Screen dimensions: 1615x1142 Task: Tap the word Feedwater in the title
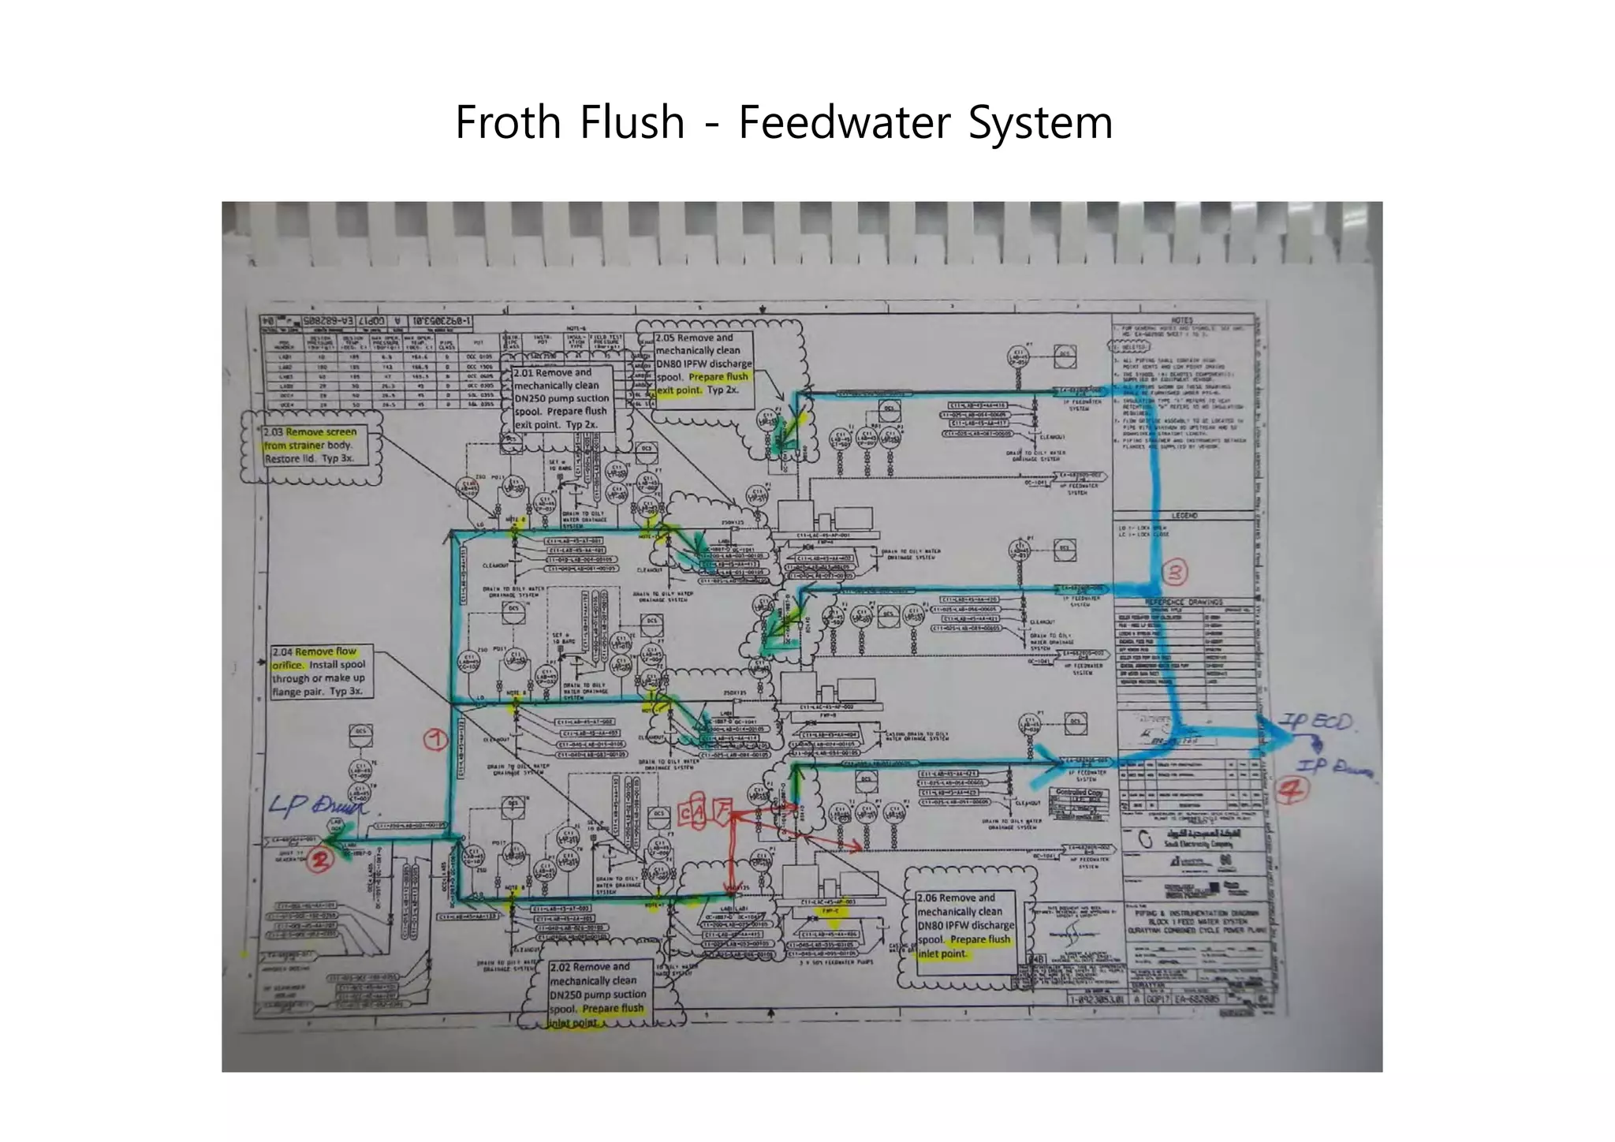[x=845, y=123]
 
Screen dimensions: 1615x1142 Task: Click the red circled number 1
[x=436, y=739]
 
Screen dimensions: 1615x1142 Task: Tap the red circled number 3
[x=1175, y=572]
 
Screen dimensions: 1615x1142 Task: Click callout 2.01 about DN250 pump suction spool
[x=561, y=397]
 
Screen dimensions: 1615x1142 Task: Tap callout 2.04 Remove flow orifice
[x=319, y=671]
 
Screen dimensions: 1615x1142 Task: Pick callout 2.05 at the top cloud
[x=703, y=364]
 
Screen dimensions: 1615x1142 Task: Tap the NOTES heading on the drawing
[x=1182, y=321]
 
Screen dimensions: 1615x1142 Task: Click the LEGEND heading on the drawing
[x=1184, y=515]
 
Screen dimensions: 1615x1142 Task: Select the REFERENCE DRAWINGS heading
[x=1183, y=602]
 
